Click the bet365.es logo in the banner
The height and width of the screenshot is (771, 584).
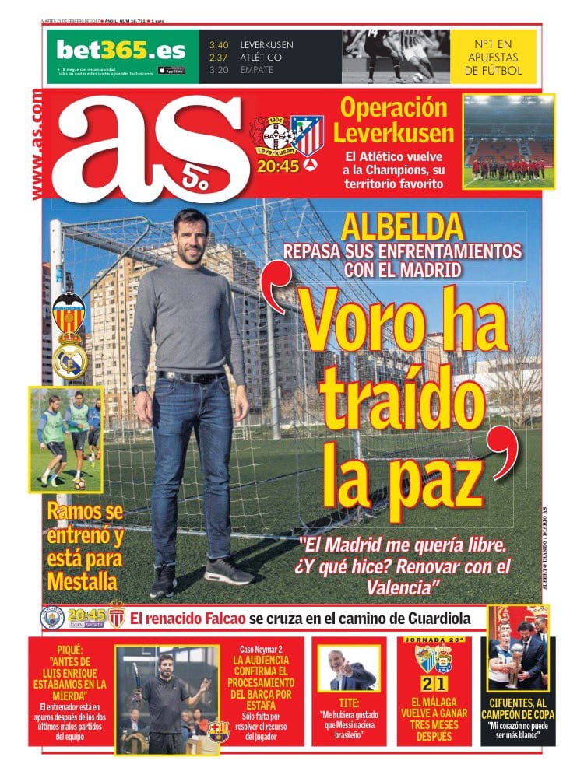(x=121, y=51)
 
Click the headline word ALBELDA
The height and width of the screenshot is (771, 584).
(x=402, y=226)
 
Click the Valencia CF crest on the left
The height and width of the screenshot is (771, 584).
(x=69, y=312)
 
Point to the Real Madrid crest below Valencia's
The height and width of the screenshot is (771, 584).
(x=69, y=359)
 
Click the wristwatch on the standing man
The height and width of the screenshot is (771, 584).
(x=139, y=389)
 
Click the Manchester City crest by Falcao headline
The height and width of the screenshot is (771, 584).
(x=52, y=618)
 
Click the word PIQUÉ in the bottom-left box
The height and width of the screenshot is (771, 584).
(x=70, y=649)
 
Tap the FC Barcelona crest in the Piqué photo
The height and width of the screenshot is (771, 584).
(x=218, y=731)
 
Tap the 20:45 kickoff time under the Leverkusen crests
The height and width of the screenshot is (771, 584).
(x=278, y=166)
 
